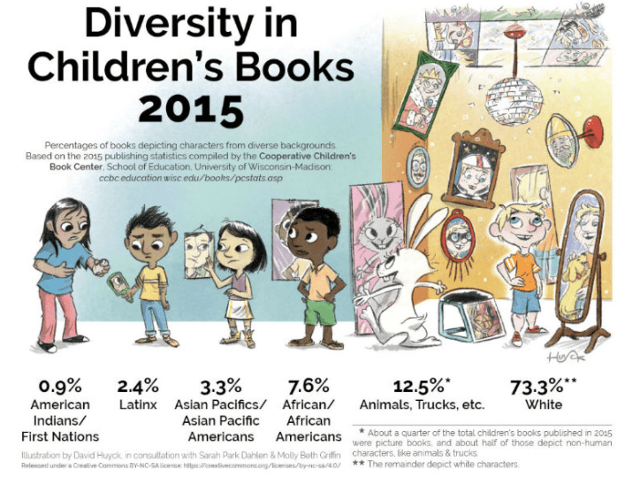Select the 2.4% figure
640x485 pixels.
138,387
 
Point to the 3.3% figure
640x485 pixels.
220,387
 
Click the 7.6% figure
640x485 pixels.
309,387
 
